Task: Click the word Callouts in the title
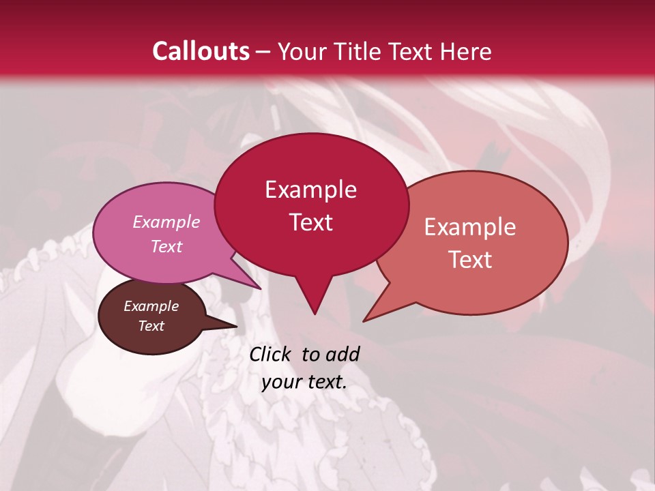(x=201, y=51)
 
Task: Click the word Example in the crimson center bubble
(x=310, y=190)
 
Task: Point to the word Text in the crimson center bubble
(x=310, y=222)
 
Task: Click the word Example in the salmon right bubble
(x=470, y=227)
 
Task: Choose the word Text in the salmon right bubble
(x=470, y=260)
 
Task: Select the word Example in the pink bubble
(x=166, y=222)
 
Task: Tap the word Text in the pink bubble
(x=166, y=246)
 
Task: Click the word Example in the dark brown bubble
(x=151, y=306)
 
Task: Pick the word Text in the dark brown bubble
(x=151, y=326)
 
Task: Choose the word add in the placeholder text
(x=342, y=354)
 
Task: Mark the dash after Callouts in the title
(x=264, y=52)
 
